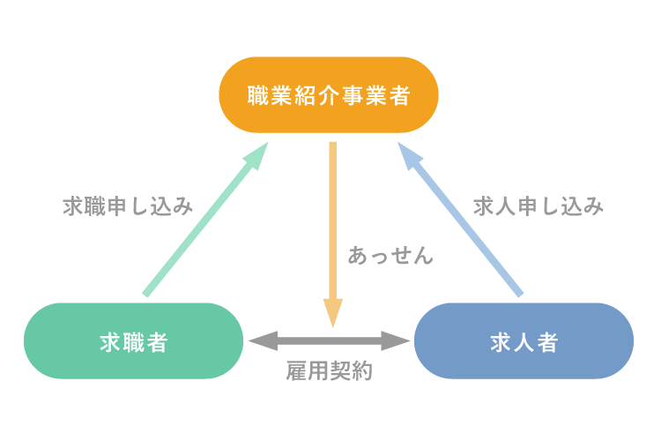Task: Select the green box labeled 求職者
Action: click(133, 341)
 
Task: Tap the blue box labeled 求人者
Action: click(524, 341)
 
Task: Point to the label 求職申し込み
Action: click(127, 206)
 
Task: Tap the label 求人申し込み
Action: click(538, 206)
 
